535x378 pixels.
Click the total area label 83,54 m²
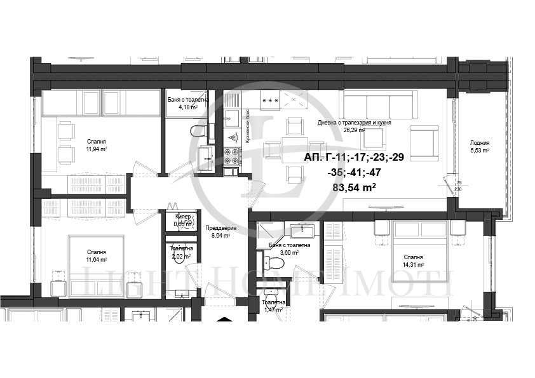[x=354, y=187]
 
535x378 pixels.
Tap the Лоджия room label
[x=480, y=142]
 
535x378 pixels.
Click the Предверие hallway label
[x=224, y=228]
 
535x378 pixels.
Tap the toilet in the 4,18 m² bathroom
[x=198, y=132]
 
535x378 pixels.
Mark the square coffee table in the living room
[x=375, y=138]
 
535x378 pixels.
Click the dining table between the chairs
[x=294, y=149]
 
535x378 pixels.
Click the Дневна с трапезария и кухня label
[x=354, y=123]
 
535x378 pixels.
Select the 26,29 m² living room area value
[x=354, y=130]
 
